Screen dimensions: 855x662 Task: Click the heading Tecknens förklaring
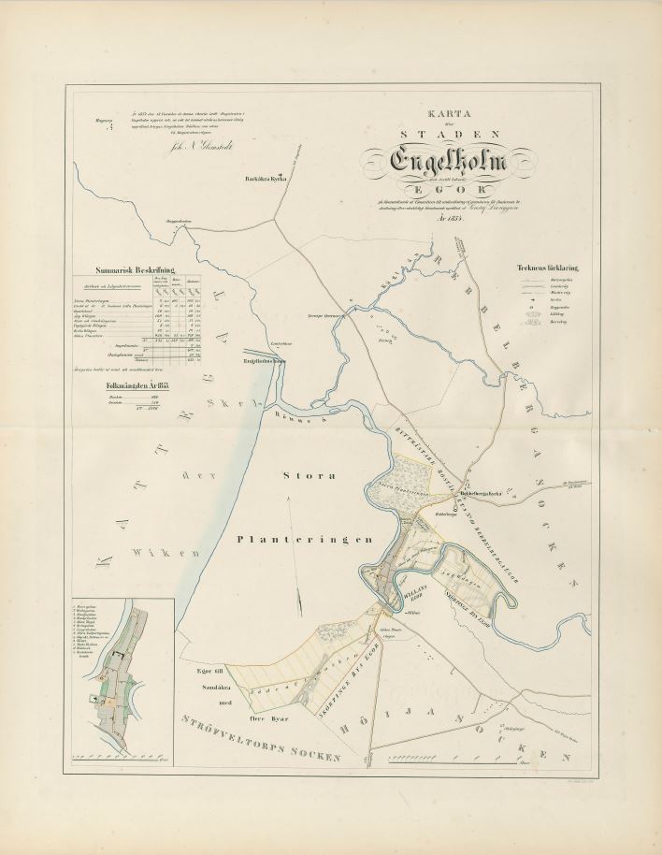point(548,268)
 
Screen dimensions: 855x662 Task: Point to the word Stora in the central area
point(308,476)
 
